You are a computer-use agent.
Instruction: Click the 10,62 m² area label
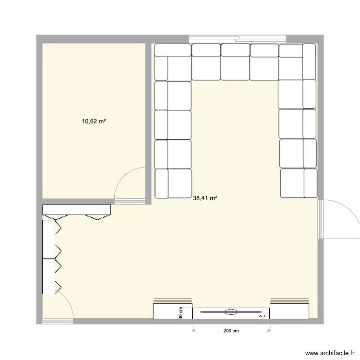[x=94, y=121]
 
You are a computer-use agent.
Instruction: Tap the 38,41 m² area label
[x=204, y=197]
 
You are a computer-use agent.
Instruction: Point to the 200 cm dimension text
[x=231, y=331]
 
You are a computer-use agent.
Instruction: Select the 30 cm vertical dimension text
[x=181, y=313]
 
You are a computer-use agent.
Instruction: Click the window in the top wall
[x=237, y=38]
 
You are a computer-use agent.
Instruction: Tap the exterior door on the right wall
[x=338, y=218]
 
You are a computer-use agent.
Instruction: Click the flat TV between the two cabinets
[x=231, y=312]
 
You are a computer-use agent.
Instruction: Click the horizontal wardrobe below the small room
[x=77, y=210]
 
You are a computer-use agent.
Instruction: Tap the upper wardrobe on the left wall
[x=49, y=239]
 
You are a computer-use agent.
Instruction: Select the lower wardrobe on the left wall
[x=49, y=276]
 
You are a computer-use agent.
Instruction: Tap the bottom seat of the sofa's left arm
[x=173, y=183]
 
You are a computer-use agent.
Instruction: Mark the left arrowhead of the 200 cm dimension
[x=193, y=331]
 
